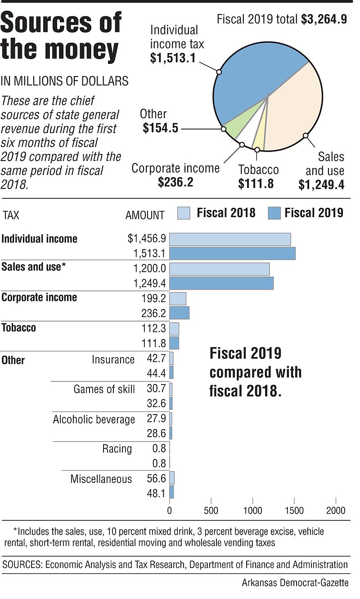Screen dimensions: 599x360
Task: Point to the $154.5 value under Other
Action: tap(160, 128)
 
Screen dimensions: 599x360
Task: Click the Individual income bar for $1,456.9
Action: tap(229, 239)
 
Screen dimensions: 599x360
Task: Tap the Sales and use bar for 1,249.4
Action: tap(221, 283)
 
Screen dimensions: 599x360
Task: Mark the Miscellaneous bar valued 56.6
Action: tap(171, 478)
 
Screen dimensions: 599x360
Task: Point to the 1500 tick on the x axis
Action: tap(294, 510)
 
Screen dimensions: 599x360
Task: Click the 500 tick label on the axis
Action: tap(211, 510)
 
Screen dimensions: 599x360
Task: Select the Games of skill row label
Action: tap(104, 389)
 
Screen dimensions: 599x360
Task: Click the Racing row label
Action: tap(117, 448)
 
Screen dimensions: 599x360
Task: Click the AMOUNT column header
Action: tap(144, 215)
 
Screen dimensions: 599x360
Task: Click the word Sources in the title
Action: tap(61, 22)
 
